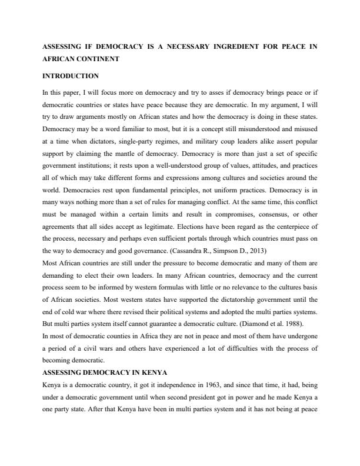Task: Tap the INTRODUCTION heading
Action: (71, 76)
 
